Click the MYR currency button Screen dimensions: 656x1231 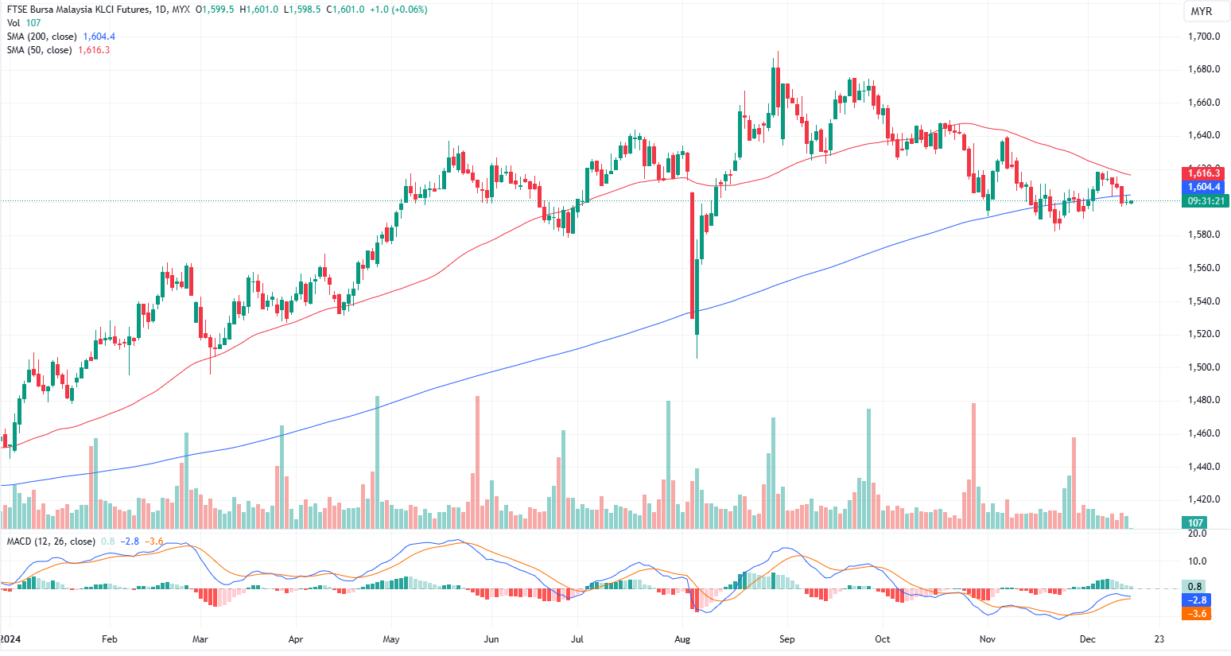(1201, 11)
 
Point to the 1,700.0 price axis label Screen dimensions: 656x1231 (1203, 37)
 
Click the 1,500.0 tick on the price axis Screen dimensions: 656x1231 (1203, 367)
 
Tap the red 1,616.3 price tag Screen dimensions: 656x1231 (1204, 173)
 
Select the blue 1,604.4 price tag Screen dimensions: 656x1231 (1204, 187)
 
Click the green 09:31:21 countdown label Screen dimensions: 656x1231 (1206, 201)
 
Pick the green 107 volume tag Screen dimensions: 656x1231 (1195, 522)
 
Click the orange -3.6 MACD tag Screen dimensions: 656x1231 (1197, 614)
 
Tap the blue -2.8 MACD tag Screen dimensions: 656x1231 (1197, 600)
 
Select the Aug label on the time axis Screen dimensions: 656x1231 (682, 639)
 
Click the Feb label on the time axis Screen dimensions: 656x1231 (110, 639)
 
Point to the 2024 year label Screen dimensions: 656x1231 (10, 639)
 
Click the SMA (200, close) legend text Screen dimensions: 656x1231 (41, 37)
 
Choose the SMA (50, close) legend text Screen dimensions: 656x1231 (39, 50)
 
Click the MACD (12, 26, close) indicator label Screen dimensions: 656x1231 (51, 541)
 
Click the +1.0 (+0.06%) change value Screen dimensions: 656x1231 (398, 10)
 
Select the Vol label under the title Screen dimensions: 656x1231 (13, 23)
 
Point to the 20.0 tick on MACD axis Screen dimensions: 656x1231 (1197, 534)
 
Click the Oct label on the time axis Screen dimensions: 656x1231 (882, 639)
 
